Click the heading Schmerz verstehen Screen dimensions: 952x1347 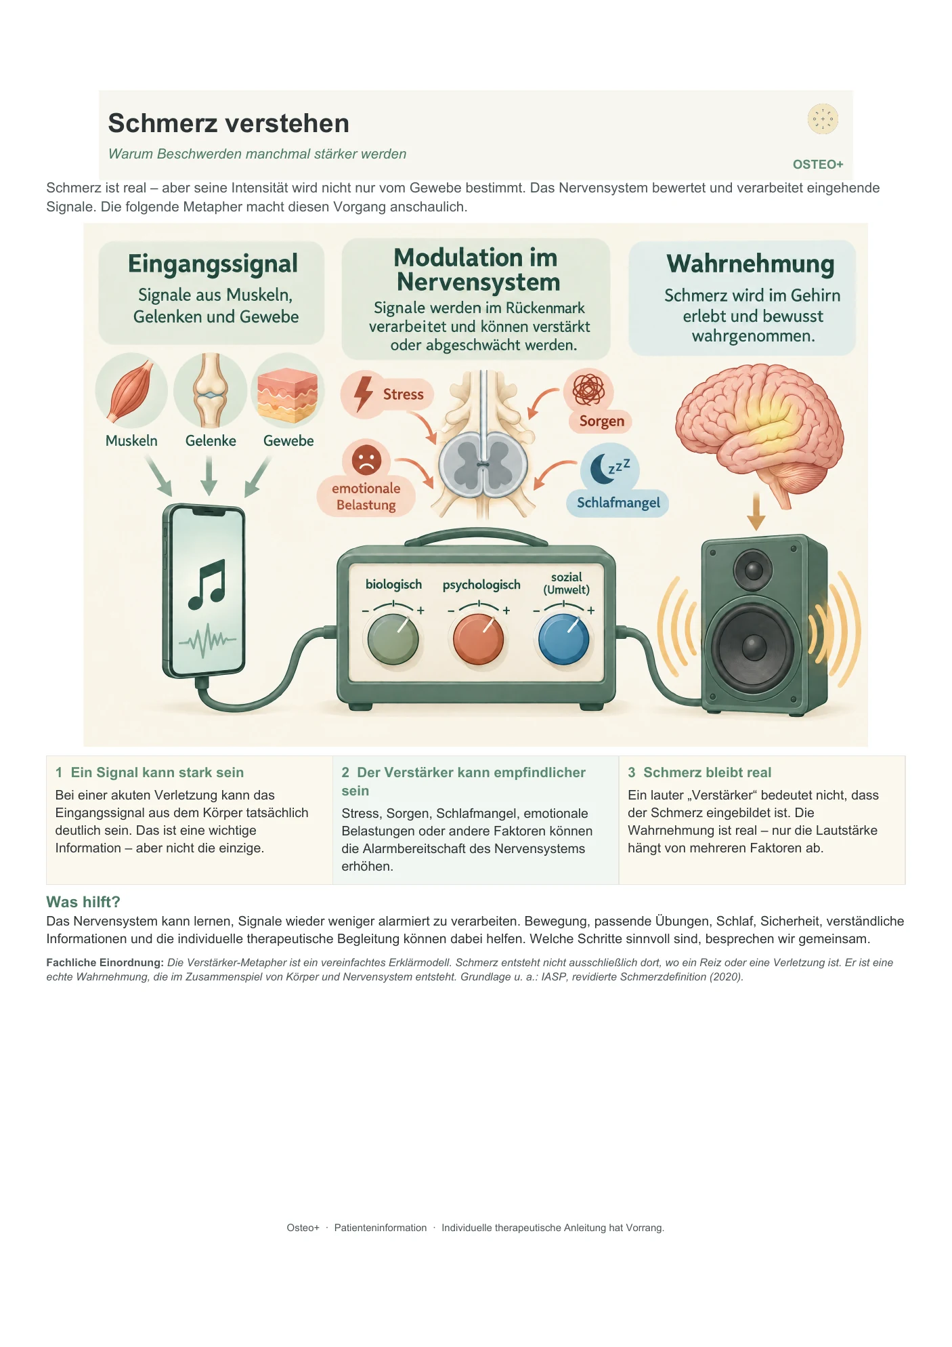[x=229, y=123]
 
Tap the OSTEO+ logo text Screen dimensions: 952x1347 [x=818, y=165]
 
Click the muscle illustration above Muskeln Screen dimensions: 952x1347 [x=131, y=391]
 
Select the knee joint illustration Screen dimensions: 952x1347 [x=210, y=390]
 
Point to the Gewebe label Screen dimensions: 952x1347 [x=288, y=441]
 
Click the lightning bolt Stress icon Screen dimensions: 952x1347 [x=364, y=393]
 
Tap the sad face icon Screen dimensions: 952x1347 [x=366, y=460]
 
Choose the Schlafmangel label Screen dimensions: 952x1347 [x=618, y=503]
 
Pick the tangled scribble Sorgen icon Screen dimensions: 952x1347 [x=588, y=390]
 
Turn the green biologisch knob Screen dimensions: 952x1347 [x=393, y=639]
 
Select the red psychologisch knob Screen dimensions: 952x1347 [x=478, y=639]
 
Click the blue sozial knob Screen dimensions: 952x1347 [x=563, y=639]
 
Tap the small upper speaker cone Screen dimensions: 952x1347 [x=754, y=569]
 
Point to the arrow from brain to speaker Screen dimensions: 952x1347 [x=756, y=512]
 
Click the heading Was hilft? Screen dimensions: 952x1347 [x=83, y=902]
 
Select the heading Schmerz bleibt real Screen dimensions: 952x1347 [x=708, y=772]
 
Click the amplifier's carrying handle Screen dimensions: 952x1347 [x=476, y=537]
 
